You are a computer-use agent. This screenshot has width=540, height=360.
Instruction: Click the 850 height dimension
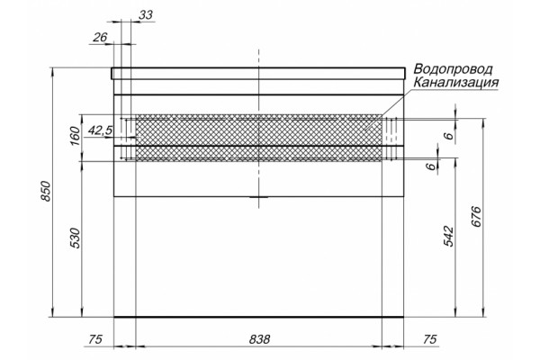click(46, 191)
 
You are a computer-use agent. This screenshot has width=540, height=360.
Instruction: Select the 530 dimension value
click(75, 238)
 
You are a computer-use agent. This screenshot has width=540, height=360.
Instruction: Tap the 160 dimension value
click(75, 136)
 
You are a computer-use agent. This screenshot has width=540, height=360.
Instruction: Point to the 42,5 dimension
click(100, 130)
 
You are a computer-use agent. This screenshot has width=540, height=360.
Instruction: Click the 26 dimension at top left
click(100, 37)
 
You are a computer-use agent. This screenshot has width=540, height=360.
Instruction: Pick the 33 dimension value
click(146, 14)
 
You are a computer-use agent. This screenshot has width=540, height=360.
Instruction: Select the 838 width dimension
click(259, 339)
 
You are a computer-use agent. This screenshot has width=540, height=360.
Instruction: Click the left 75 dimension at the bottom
click(95, 339)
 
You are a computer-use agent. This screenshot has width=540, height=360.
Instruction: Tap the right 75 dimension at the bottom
click(429, 339)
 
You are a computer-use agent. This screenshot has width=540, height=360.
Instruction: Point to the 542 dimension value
click(448, 237)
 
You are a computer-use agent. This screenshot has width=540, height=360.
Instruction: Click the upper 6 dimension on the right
click(448, 136)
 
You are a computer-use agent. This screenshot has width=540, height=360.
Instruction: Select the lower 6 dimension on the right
click(430, 166)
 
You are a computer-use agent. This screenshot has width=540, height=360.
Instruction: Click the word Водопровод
click(453, 69)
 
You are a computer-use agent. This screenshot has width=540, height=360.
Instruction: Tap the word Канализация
click(456, 83)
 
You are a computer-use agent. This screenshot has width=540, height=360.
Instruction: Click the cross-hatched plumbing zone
click(258, 138)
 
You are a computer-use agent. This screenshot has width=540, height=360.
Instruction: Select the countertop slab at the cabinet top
click(258, 74)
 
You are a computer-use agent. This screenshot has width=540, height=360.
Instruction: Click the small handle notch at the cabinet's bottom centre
click(258, 197)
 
